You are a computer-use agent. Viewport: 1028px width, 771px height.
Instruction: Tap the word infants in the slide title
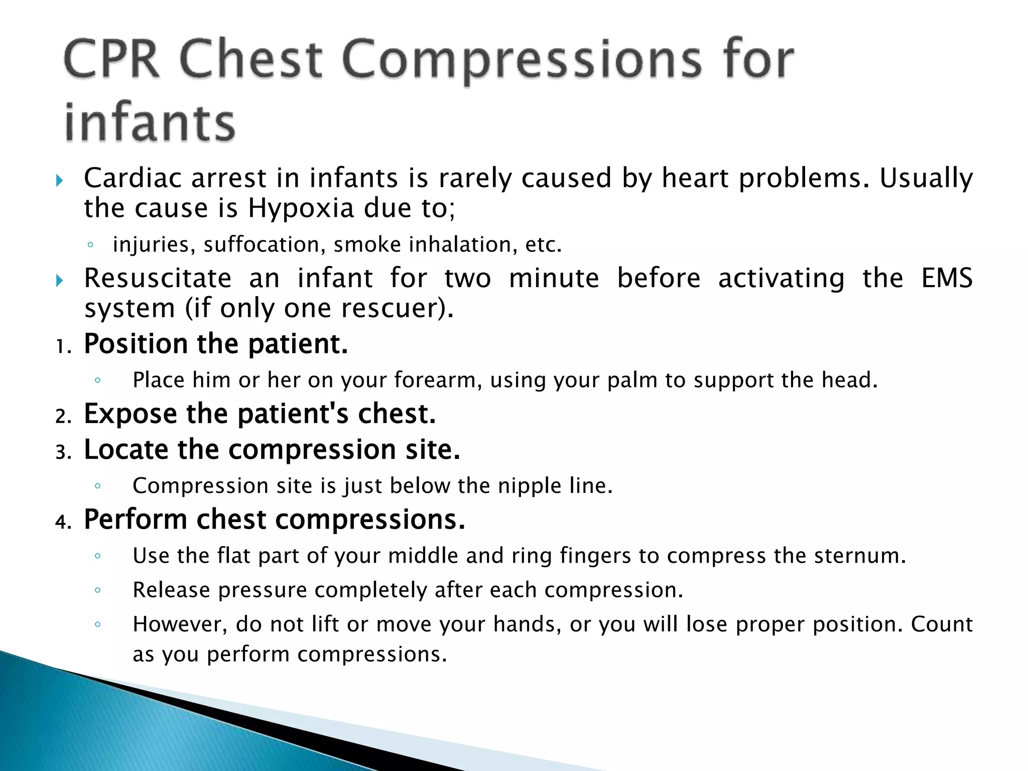(x=150, y=122)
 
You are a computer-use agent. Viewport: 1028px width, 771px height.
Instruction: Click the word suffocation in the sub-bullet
(x=261, y=245)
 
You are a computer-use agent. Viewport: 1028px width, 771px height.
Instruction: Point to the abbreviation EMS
(x=947, y=278)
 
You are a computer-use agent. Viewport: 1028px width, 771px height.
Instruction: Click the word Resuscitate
(x=158, y=278)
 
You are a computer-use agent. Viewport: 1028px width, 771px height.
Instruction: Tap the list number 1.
(x=62, y=347)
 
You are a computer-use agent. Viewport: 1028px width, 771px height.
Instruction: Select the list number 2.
(x=63, y=417)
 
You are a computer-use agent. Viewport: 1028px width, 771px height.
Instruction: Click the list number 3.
(x=63, y=452)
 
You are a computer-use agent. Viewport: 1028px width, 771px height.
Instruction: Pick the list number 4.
(x=63, y=522)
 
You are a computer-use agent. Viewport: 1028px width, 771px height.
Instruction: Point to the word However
(x=180, y=624)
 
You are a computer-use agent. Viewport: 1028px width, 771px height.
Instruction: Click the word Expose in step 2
(x=131, y=414)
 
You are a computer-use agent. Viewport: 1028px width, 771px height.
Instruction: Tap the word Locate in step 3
(x=126, y=449)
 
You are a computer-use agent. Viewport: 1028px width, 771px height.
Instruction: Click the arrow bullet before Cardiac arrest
(x=59, y=180)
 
